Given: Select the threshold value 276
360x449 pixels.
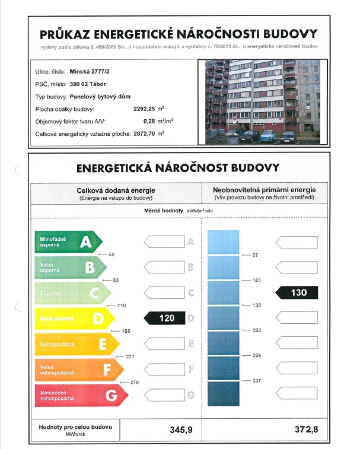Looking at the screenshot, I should pos(134,383).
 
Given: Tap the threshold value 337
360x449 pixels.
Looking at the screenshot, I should pos(257,381).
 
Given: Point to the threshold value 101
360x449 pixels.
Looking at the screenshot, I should pos(257,280).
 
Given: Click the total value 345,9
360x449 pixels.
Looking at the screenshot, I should pos(181,430).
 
